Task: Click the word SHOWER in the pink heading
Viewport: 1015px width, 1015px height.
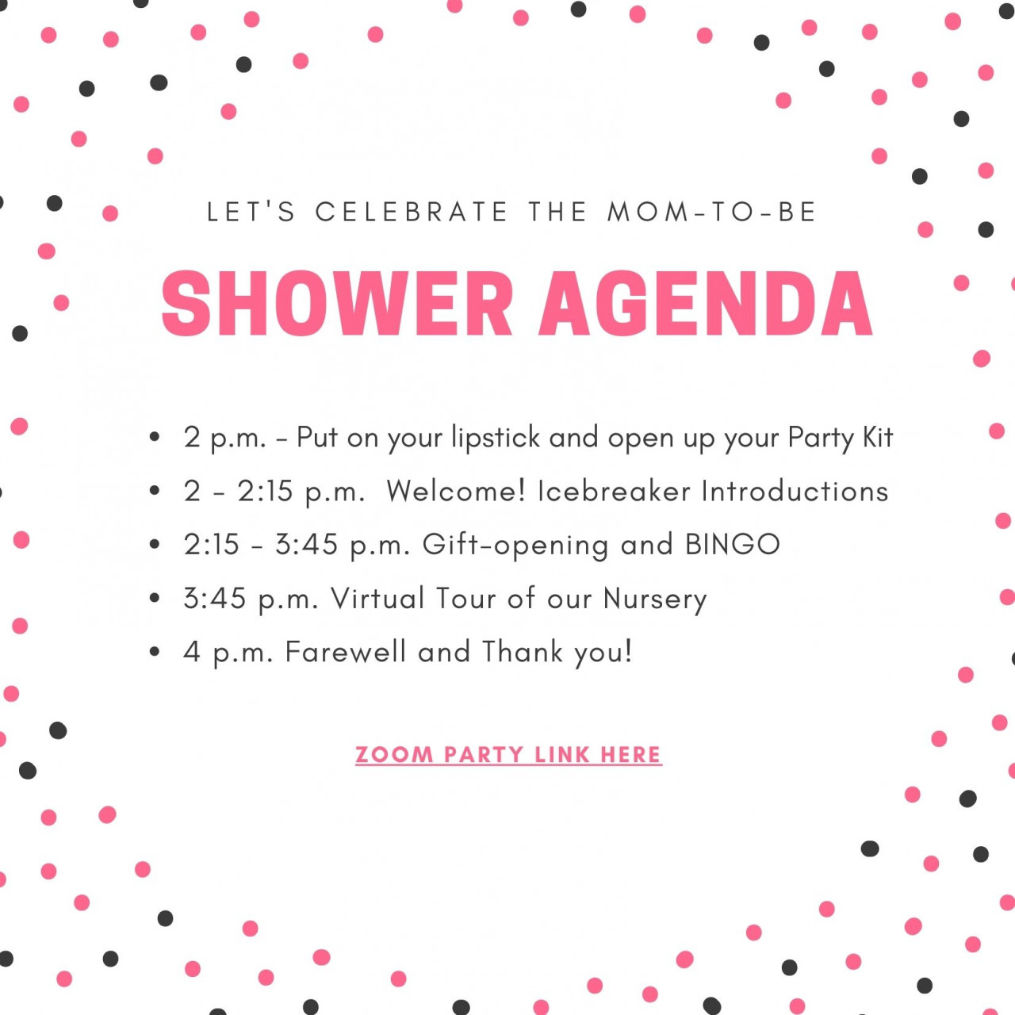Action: (x=337, y=304)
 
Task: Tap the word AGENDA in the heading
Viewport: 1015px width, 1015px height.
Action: (x=706, y=304)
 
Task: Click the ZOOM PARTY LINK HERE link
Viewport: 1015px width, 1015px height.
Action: (x=508, y=754)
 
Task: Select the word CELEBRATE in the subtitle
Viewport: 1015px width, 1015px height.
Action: (x=412, y=212)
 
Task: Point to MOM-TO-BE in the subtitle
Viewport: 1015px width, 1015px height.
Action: (x=711, y=212)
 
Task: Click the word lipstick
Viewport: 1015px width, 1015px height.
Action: (x=496, y=437)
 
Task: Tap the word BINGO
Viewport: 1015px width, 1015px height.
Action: (x=732, y=544)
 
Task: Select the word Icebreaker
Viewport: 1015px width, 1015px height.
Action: (x=614, y=491)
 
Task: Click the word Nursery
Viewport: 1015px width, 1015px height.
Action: (x=655, y=599)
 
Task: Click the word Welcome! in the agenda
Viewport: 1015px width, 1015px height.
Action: (x=456, y=491)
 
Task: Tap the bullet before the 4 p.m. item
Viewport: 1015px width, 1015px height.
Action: (x=155, y=652)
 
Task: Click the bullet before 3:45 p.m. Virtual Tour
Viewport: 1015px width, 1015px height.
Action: (x=155, y=598)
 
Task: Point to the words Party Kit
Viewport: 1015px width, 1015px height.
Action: (x=840, y=437)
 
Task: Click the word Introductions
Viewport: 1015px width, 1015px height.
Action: (x=795, y=491)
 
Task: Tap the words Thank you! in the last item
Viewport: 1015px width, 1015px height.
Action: (x=557, y=652)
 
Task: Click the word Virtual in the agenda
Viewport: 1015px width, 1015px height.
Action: (x=377, y=598)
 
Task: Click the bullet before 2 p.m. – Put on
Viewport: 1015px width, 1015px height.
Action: (x=155, y=437)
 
